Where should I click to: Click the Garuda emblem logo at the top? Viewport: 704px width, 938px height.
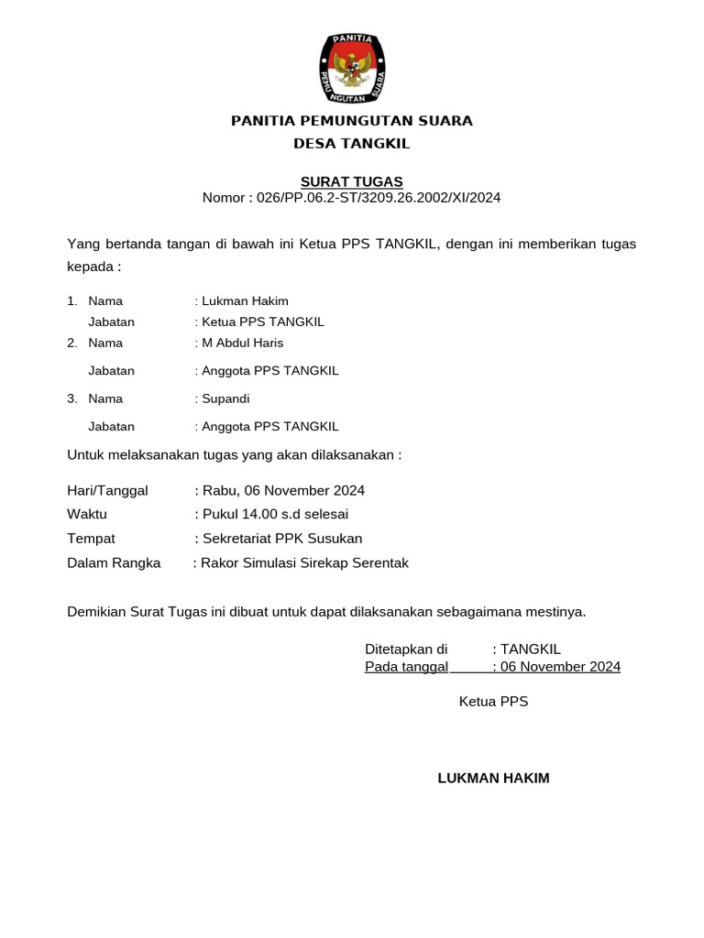pyautogui.click(x=351, y=67)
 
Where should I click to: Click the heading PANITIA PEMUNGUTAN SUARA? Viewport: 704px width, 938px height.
pyautogui.click(x=351, y=121)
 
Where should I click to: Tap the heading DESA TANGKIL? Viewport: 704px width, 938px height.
pyautogui.click(x=351, y=144)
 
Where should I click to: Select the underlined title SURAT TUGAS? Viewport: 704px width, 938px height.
pyautogui.click(x=351, y=181)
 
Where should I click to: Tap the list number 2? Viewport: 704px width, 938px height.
pyautogui.click(x=71, y=343)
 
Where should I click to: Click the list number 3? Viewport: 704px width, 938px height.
pyautogui.click(x=71, y=398)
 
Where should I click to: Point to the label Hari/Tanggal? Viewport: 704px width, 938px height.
pyautogui.click(x=107, y=491)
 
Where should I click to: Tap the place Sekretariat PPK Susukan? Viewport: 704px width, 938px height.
pyautogui.click(x=282, y=539)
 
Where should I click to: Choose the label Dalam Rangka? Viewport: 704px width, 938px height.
pyautogui.click(x=114, y=562)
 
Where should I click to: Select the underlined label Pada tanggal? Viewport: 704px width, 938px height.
pyautogui.click(x=406, y=667)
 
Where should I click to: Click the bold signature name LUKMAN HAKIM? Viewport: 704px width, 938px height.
pyautogui.click(x=493, y=779)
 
